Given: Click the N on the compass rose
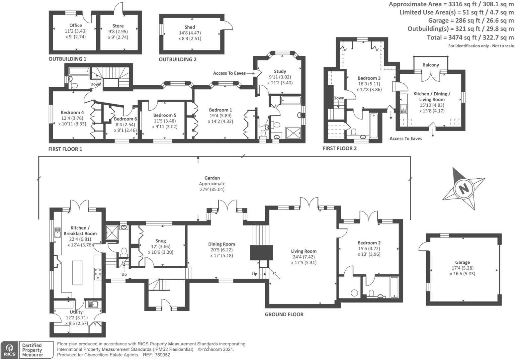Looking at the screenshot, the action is coord(464,189).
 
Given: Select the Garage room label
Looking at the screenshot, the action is coord(462,262).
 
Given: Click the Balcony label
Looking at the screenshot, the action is coord(431,65).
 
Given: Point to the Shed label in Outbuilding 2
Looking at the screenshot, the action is coord(190,27).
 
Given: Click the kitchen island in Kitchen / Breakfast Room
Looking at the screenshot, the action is coord(77,273).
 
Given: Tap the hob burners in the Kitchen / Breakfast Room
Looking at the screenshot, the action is coord(98,274).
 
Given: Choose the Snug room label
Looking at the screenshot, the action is coord(160,241).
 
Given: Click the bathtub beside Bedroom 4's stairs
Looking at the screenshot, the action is coord(79,71).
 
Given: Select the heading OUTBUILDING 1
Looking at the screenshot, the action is coord(67,59).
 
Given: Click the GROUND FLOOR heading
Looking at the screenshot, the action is coord(284,315).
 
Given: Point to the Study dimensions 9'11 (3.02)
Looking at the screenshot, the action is coord(280,77).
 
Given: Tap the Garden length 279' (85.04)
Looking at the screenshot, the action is coord(212,189).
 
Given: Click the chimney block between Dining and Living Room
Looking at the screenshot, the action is coord(261,253).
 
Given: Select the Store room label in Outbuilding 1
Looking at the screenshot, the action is coord(118,26).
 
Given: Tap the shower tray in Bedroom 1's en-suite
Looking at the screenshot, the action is coord(293,133).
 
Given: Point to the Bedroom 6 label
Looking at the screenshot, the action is coord(125,119).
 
